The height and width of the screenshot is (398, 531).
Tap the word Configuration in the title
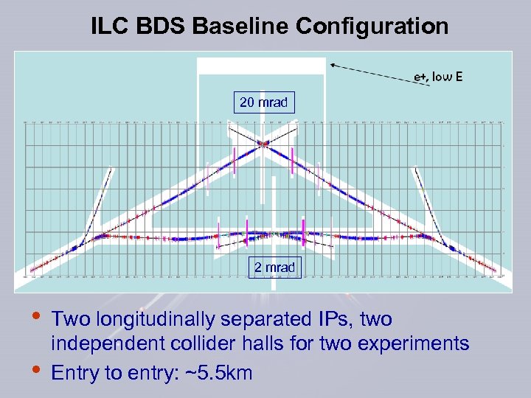coord(372,27)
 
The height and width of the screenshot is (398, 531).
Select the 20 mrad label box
coord(265,102)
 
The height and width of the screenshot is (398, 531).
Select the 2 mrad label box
coord(274,267)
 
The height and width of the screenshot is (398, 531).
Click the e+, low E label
coord(438,76)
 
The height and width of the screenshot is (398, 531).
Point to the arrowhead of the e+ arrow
coord(332,65)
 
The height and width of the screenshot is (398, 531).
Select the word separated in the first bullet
coord(253,320)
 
